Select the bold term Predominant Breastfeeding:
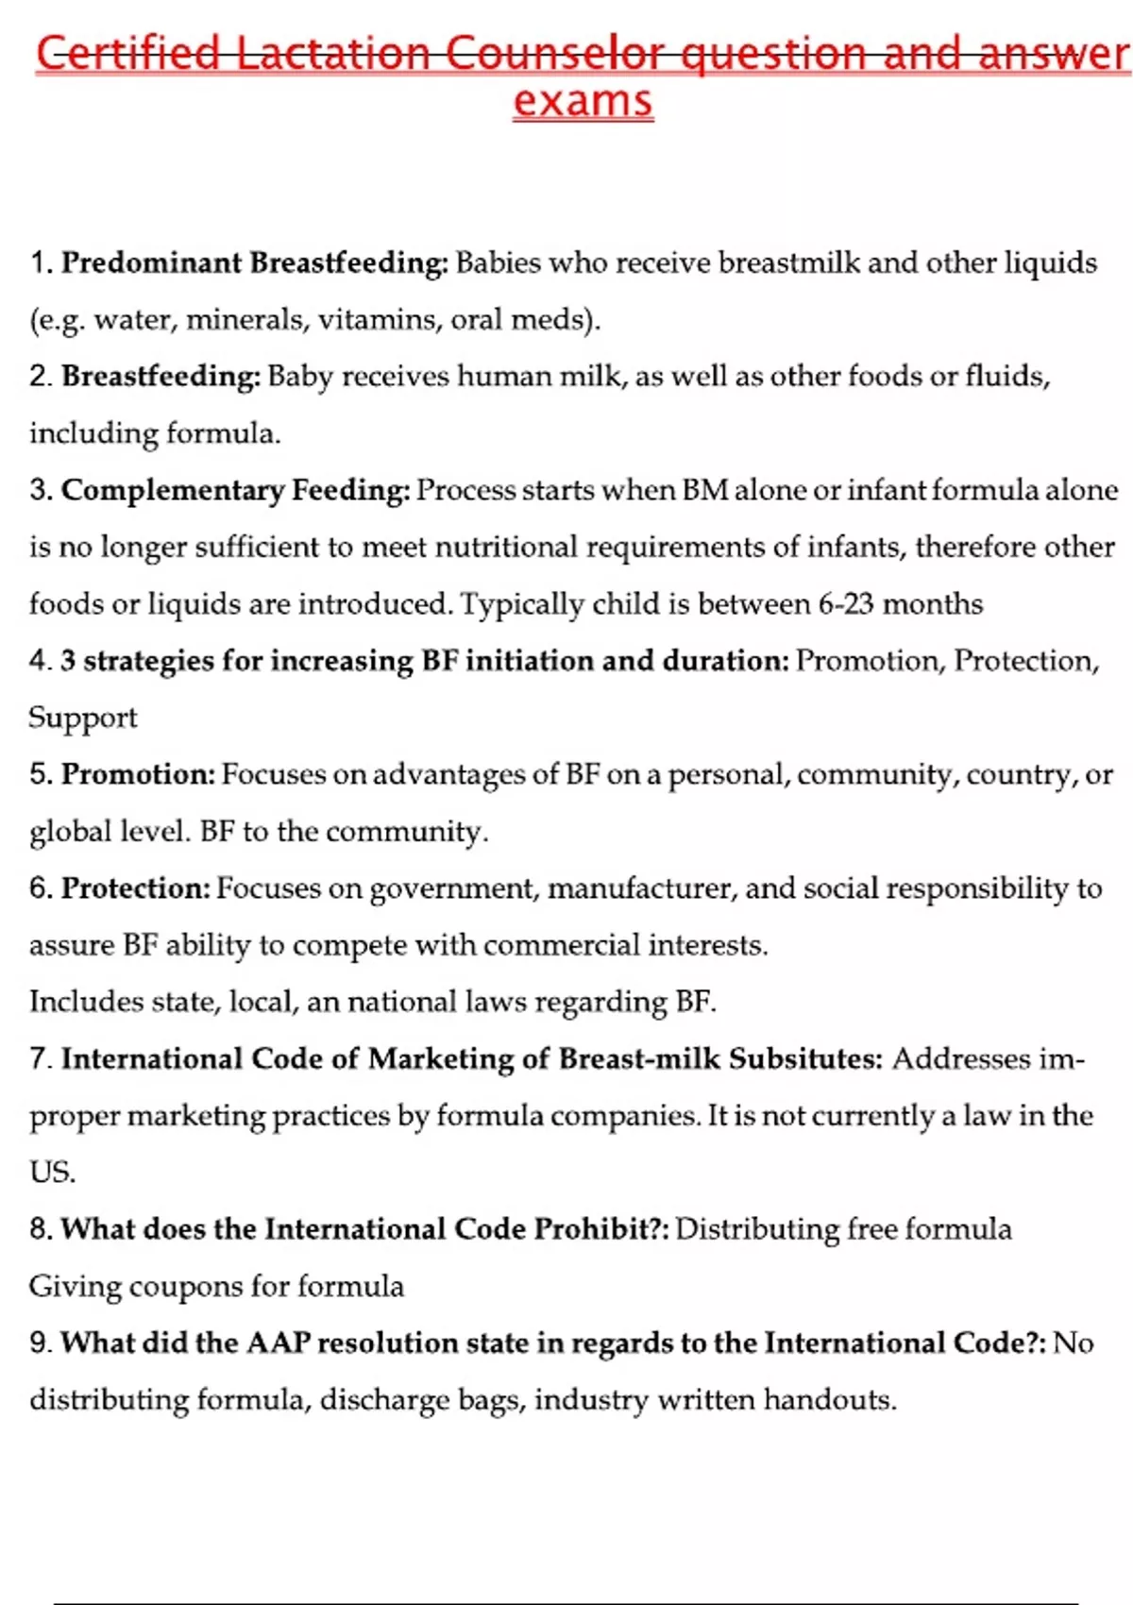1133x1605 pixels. point(255,262)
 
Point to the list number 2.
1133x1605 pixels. point(40,377)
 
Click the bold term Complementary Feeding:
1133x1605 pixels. point(236,490)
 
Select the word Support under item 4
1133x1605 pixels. point(83,718)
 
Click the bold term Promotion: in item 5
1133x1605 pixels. point(139,774)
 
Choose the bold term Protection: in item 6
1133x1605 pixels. point(136,888)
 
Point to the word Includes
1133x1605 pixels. point(83,1002)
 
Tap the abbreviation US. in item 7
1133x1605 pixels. point(52,1172)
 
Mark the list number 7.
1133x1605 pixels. point(40,1058)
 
